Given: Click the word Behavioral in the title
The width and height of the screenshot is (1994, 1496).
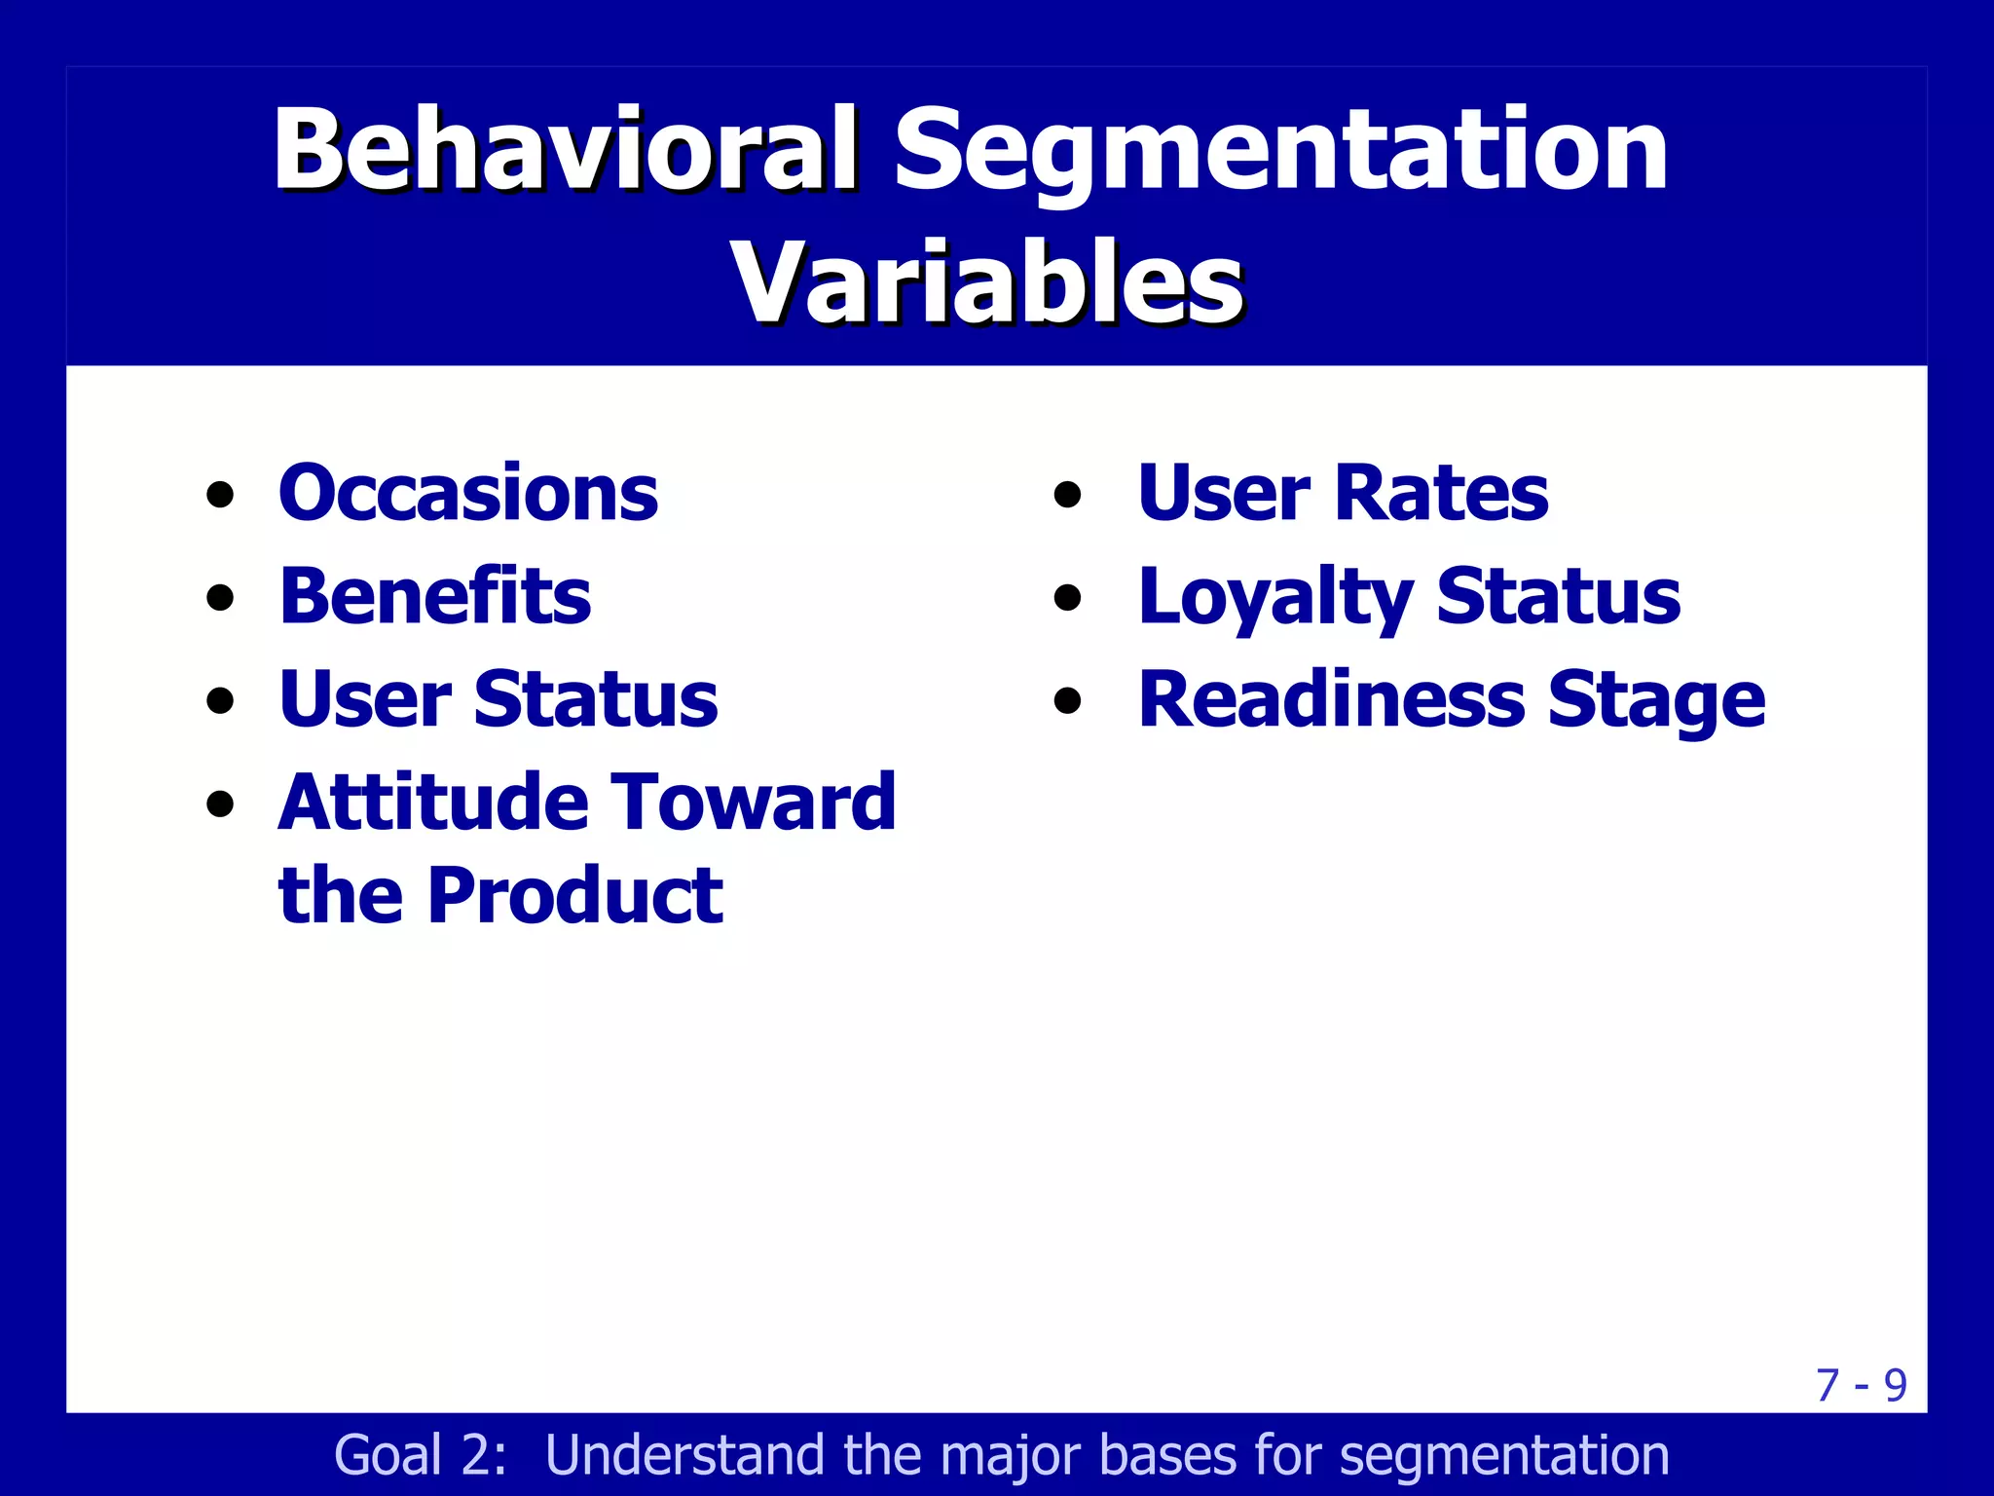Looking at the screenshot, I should point(565,151).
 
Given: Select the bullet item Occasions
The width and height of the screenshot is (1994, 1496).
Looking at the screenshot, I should point(467,493).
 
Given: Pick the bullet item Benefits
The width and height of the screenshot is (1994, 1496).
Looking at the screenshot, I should point(434,596).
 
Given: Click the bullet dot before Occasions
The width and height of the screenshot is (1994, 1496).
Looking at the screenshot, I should point(221,495).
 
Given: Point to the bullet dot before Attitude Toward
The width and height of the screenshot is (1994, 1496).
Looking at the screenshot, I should point(221,804).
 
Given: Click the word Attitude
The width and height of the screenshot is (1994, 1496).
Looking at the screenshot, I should point(434,803).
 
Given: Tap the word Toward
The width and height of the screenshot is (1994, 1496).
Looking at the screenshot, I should point(754,803).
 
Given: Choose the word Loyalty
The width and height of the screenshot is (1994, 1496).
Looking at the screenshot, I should point(1275,598).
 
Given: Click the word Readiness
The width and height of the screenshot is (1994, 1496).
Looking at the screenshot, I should point(1332,699).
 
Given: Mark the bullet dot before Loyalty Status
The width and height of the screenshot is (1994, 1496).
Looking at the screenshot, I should point(1068,597).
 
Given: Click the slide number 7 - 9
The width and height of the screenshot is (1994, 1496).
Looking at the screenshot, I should point(1861,1385).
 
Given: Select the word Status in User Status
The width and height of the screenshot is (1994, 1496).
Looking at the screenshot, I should point(596,699).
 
